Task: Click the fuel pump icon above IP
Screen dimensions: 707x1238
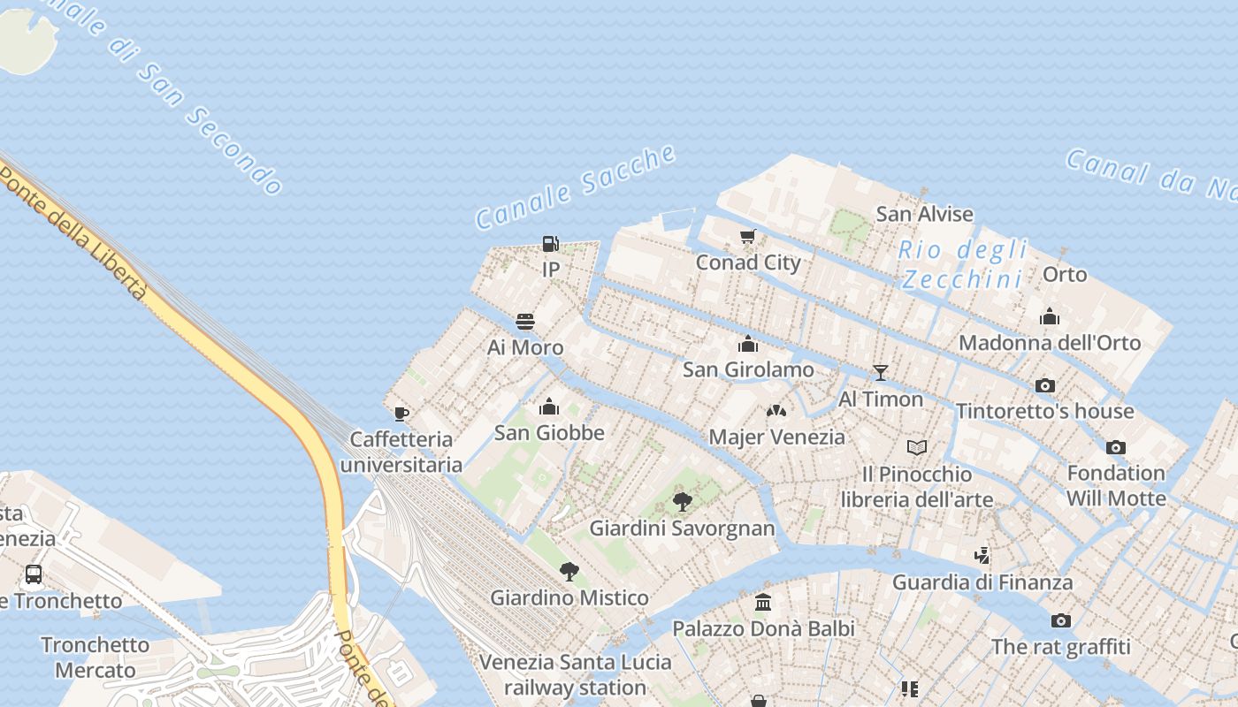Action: (550, 244)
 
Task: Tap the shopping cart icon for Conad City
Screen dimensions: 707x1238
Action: (748, 236)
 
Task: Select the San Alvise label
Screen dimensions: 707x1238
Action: (924, 214)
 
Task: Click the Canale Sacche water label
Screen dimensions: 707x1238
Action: (576, 188)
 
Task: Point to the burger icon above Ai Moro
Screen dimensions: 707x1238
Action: (525, 322)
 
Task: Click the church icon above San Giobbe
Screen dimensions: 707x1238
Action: (549, 407)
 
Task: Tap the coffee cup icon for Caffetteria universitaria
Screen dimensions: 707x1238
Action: (401, 414)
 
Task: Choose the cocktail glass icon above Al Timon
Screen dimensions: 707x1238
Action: (880, 373)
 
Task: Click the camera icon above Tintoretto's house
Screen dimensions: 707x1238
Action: (1045, 385)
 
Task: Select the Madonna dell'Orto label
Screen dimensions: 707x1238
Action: (1050, 343)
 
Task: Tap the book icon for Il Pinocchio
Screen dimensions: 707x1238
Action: (917, 448)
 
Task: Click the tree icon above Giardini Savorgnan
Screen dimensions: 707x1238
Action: (682, 502)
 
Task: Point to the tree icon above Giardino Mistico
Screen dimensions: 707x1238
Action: (569, 572)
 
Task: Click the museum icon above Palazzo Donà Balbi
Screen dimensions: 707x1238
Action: (763, 603)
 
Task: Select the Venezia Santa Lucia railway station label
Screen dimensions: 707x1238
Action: (576, 674)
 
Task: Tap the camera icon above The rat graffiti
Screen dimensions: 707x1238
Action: (1061, 620)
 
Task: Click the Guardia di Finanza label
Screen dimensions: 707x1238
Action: (982, 582)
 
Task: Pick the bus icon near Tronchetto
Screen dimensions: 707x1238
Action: (34, 574)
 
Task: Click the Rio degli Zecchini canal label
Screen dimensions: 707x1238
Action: (963, 264)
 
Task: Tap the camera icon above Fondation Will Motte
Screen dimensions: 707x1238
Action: (1116, 447)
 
